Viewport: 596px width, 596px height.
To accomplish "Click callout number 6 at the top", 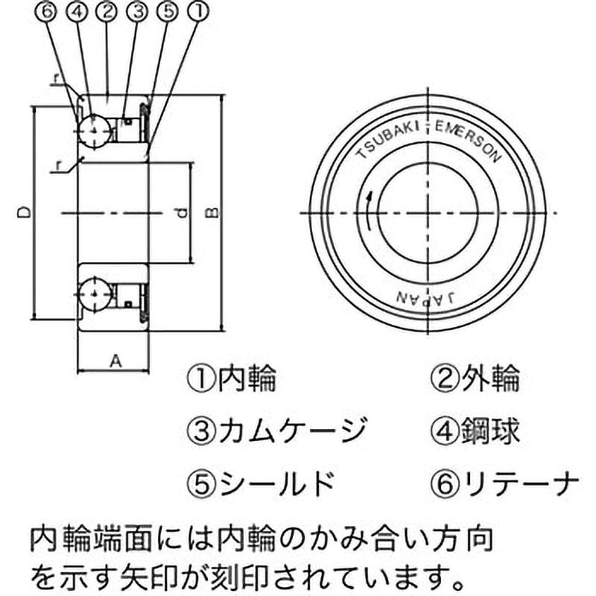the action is pos(46,10).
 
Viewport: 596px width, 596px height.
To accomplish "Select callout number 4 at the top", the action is pos(77,10).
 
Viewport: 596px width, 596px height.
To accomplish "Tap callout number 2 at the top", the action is pos(107,10).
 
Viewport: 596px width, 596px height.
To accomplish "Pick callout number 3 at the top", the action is pos(138,10).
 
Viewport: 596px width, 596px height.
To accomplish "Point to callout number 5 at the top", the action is pos(168,10).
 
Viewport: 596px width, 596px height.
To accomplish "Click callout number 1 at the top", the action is pos(199,10).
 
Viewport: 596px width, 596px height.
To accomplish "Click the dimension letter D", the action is pos(24,212).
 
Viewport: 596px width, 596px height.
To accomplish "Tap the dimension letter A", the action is pos(116,361).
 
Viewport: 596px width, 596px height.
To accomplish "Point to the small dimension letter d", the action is pos(183,213).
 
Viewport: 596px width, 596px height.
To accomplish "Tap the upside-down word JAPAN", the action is pos(426,297).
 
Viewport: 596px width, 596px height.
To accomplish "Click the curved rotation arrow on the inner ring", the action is pos(369,212).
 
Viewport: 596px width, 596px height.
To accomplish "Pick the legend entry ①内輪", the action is pos(232,378).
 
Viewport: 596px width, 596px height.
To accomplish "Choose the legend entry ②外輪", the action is pos(475,378).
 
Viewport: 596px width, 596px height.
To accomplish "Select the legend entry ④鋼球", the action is pos(475,431).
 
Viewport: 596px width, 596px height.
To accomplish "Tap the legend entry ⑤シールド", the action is pos(261,484).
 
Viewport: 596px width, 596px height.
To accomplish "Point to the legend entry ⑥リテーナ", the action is pos(505,484).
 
